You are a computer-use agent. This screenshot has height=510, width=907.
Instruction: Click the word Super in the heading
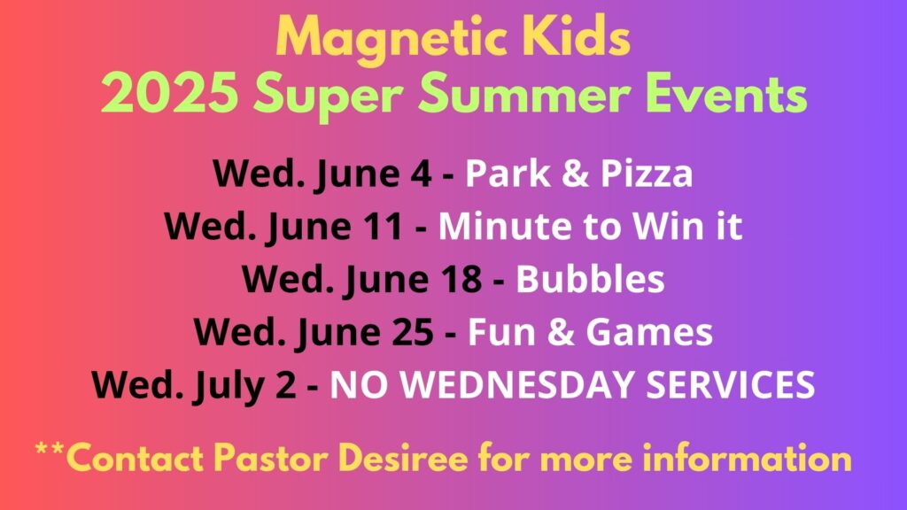328,97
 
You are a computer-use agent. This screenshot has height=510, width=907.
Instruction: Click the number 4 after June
421,173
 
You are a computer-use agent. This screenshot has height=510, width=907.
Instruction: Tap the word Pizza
646,173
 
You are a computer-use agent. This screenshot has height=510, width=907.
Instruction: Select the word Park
508,173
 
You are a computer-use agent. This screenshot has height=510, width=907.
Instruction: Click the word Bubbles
590,279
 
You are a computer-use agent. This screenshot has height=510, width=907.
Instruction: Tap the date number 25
413,332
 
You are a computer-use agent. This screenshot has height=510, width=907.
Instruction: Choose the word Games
649,332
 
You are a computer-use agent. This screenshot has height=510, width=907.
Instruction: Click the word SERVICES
730,384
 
